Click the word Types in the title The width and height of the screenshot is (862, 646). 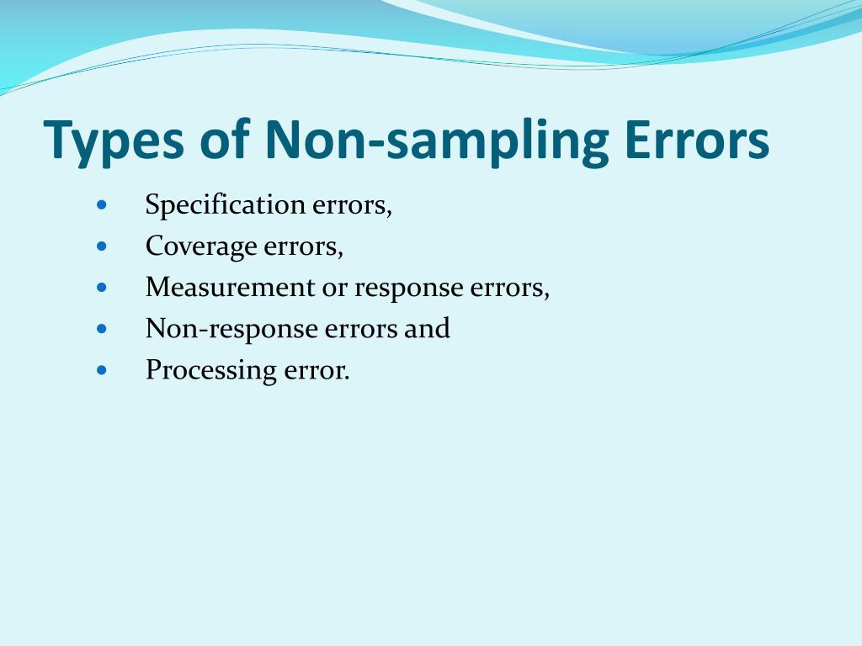pos(114,141)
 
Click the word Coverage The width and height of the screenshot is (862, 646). pos(201,246)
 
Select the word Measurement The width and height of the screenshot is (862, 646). pos(230,288)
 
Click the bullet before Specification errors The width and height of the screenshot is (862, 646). pos(102,204)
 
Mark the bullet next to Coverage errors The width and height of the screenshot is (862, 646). pos(102,246)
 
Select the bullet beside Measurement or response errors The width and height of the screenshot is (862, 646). pos(102,287)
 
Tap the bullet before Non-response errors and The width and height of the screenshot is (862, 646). pos(102,328)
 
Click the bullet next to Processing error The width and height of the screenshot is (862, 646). pos(102,369)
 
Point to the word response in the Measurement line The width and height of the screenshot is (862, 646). pos(408,289)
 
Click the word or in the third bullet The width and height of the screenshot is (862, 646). pos(334,289)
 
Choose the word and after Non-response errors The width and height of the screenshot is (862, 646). pos(427,329)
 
